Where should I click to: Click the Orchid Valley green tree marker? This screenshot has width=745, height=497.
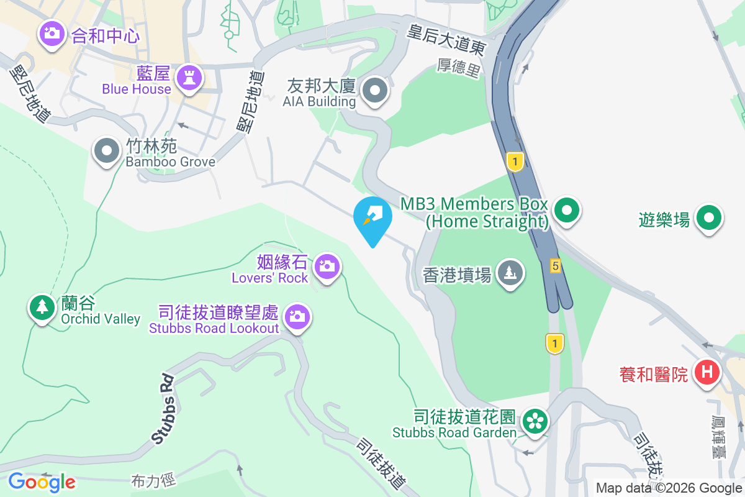click(42, 307)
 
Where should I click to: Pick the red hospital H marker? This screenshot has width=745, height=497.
click(706, 373)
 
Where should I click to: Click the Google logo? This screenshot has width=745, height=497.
click(42, 482)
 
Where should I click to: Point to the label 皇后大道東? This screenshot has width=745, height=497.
click(445, 39)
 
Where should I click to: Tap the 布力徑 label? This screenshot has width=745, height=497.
click(153, 480)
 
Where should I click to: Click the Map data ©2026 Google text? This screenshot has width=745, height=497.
click(669, 488)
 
